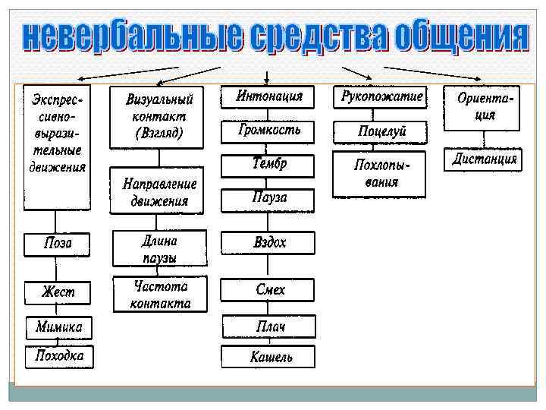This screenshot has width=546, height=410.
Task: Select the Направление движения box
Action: pos(158,193)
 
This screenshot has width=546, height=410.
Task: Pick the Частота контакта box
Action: pos(158,295)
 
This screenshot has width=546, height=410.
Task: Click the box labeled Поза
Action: pos(58,244)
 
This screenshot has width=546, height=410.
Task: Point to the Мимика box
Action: pos(58,328)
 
